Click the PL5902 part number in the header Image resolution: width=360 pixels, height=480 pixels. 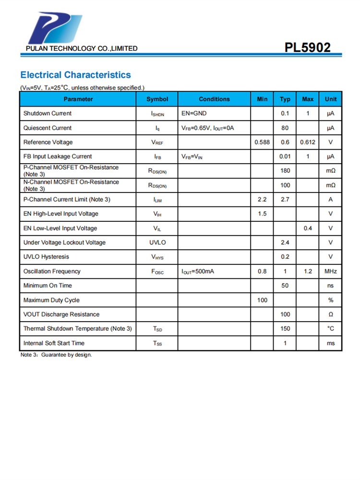tap(307, 48)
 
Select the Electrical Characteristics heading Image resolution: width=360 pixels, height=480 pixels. tap(75, 75)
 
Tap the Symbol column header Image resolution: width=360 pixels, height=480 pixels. tap(157, 99)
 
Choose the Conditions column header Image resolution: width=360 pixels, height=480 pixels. tap(214, 99)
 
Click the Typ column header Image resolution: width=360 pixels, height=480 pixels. tap(285, 99)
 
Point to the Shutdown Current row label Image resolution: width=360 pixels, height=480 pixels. tap(48, 114)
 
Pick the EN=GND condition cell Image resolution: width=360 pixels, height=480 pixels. tap(194, 114)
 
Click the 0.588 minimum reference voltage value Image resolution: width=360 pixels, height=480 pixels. tap(262, 143)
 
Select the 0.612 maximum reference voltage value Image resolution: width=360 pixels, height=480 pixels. tap(308, 143)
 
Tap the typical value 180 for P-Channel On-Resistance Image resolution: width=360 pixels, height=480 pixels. tap(285, 171)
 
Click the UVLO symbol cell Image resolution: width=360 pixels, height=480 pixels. tap(157, 243)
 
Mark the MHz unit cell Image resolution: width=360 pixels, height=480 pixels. tap(331, 272)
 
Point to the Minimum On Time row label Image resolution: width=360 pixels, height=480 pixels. tap(48, 286)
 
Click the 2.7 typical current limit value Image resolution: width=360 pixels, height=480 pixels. tap(285, 200)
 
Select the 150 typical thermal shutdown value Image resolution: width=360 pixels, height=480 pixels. tap(285, 329)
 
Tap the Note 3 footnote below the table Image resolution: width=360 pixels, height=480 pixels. tap(56, 355)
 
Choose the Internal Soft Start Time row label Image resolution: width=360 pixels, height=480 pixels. tap(54, 343)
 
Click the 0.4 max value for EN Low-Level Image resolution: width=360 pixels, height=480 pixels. tap(308, 228)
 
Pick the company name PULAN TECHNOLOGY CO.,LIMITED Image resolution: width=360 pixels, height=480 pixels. tap(82, 48)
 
